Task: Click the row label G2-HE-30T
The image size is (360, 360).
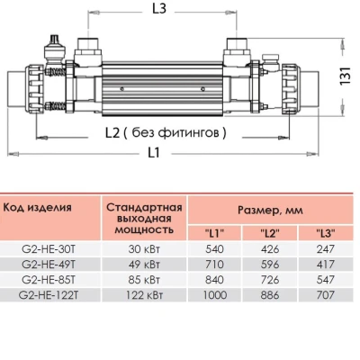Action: (x=43, y=249)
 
